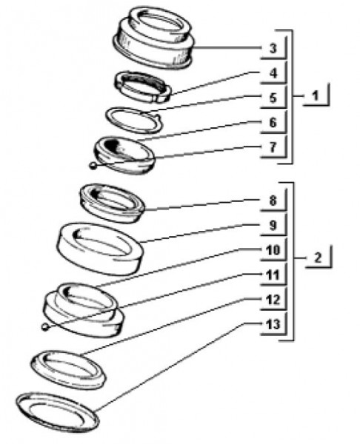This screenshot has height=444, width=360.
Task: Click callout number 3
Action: tap(273, 48)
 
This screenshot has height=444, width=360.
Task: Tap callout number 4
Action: tap(273, 73)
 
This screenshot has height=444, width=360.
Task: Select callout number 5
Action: tap(273, 98)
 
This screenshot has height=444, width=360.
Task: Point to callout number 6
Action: tap(273, 123)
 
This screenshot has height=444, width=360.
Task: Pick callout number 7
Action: tap(273, 147)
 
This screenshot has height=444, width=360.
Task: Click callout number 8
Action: tap(273, 201)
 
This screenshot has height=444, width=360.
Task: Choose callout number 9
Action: tap(273, 225)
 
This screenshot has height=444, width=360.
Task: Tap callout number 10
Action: tap(273, 250)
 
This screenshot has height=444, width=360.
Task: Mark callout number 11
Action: tap(273, 275)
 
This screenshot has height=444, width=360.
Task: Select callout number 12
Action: tap(273, 300)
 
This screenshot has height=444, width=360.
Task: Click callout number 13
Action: tap(273, 324)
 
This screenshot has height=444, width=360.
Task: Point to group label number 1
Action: tap(316, 95)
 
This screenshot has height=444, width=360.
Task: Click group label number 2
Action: tap(318, 258)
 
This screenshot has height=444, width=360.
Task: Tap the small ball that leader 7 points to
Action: tap(93, 166)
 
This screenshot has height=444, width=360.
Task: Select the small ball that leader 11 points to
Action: tap(44, 327)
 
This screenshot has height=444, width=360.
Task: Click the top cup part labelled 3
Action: tap(153, 38)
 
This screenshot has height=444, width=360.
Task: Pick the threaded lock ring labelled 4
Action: tap(143, 87)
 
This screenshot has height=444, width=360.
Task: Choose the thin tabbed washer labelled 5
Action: tap(134, 120)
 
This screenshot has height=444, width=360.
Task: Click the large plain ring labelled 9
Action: tap(100, 249)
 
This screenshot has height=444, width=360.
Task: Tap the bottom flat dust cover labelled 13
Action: tap(58, 412)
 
